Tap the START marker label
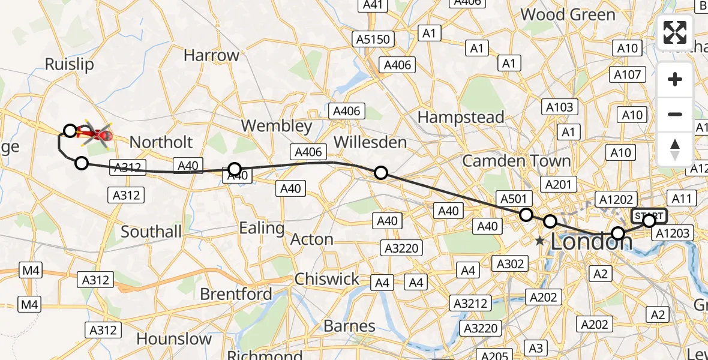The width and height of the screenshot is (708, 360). pos(649,215)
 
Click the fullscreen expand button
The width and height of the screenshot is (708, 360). pos(675,32)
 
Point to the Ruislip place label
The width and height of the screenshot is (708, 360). pos(70,64)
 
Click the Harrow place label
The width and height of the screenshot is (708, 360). pos(211,55)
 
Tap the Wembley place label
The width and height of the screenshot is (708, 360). pos(277,126)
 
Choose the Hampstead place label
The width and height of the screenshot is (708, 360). pos(461,117)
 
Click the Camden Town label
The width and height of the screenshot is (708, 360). pos(516,160)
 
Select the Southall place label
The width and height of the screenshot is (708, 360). pos(151,232)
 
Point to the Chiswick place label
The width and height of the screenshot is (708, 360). pos(327,279)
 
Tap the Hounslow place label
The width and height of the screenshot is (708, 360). pos(174,338)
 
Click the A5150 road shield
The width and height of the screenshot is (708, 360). pos(372,40)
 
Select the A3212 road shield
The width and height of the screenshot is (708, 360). pos(470,303)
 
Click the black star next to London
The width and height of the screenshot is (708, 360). pos(540,241)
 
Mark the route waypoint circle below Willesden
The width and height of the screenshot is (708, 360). pos(381,173)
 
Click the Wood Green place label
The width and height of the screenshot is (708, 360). pos(568,14)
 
